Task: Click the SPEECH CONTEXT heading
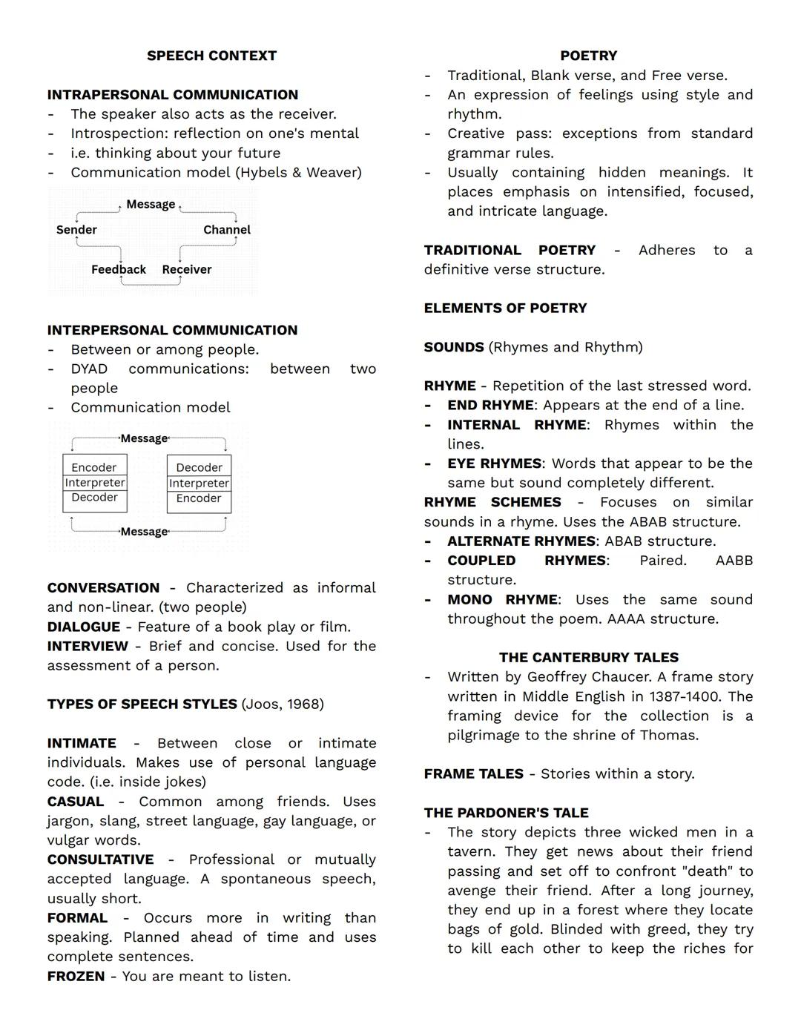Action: (211, 56)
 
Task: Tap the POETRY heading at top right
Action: (588, 56)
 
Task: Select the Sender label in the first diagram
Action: (76, 230)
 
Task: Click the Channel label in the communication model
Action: (227, 230)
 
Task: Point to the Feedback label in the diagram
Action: (119, 269)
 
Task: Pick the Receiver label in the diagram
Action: (187, 269)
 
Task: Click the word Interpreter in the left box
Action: (95, 483)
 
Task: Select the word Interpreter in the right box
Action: (200, 484)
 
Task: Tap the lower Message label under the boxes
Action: (144, 532)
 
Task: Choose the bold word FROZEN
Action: (76, 976)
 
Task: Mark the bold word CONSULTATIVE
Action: (100, 860)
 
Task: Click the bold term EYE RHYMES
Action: (494, 463)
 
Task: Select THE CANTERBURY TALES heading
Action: (588, 658)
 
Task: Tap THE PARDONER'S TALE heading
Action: (506, 813)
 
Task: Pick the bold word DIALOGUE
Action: (83, 627)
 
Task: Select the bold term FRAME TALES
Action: (473, 774)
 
